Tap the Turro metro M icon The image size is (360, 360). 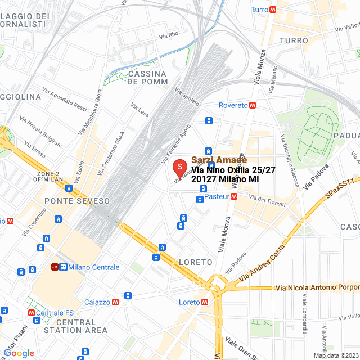point(273,10)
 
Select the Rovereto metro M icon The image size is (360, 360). point(253,105)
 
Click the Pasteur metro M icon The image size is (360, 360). point(234,197)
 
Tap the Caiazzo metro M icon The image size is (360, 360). point(115,302)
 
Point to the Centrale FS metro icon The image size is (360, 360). point(31,313)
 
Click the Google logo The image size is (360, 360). point(19,353)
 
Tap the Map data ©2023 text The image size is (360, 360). point(335,355)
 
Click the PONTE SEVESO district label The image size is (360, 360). point(69,201)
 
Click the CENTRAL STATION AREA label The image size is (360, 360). point(75,326)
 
